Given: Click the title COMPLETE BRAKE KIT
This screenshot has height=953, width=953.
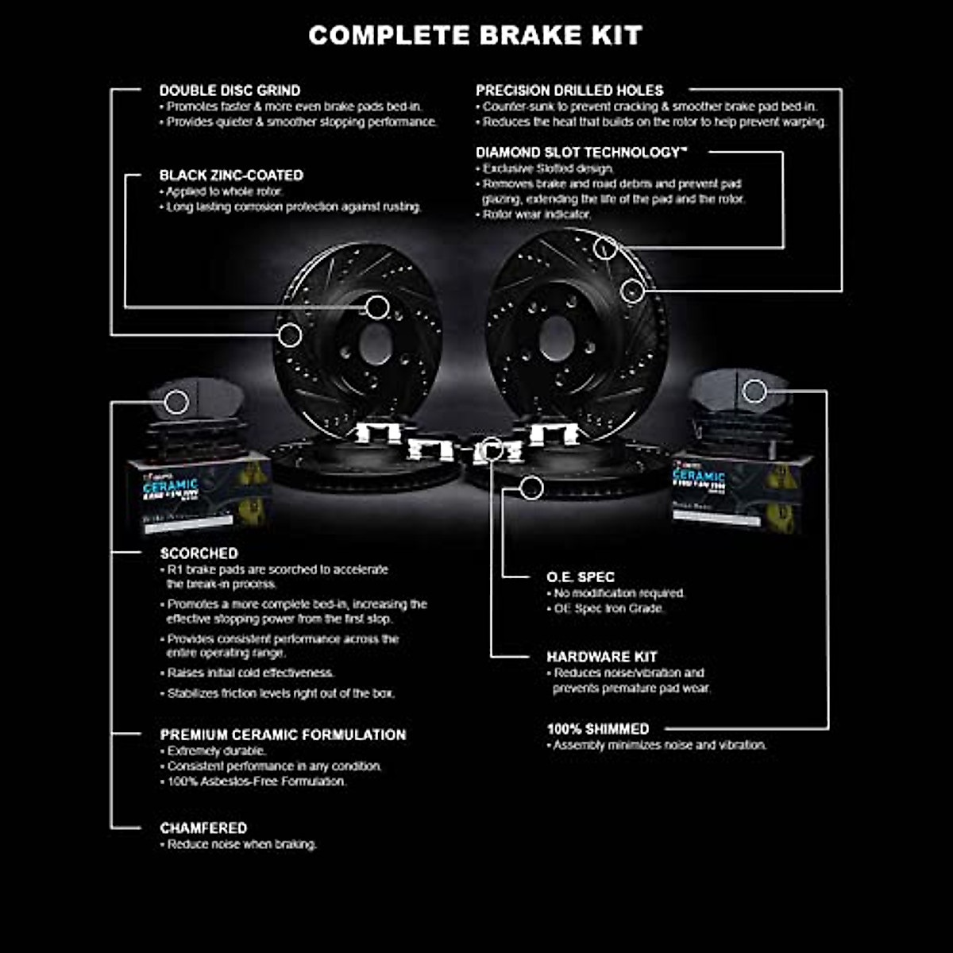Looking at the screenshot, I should [475, 35].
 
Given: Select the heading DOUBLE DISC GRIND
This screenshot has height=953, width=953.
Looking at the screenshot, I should [230, 91].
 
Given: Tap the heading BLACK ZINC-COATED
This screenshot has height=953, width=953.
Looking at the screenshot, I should [231, 175].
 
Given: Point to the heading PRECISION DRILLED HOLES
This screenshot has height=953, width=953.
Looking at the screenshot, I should [569, 91].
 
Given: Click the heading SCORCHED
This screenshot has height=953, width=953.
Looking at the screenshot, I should [199, 553].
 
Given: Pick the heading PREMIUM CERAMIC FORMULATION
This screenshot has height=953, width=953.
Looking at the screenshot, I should [283, 735].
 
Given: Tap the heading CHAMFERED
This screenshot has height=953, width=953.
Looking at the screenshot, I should [203, 828].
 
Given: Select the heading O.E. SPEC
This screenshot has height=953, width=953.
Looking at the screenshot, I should [581, 577].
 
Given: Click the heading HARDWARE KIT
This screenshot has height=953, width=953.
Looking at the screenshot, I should [602, 656].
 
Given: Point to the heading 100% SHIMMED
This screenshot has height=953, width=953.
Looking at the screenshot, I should [598, 728].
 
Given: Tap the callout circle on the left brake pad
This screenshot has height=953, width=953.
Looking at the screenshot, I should [176, 402].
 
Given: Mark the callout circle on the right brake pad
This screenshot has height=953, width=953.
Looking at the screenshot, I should [754, 391].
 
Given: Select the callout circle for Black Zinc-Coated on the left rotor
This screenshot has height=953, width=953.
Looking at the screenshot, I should [377, 307].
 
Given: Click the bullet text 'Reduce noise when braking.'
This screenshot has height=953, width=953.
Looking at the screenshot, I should [241, 844].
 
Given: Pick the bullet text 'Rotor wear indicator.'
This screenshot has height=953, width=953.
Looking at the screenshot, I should [537, 214].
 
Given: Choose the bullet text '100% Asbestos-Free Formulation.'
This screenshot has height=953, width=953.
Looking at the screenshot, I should [257, 781].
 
